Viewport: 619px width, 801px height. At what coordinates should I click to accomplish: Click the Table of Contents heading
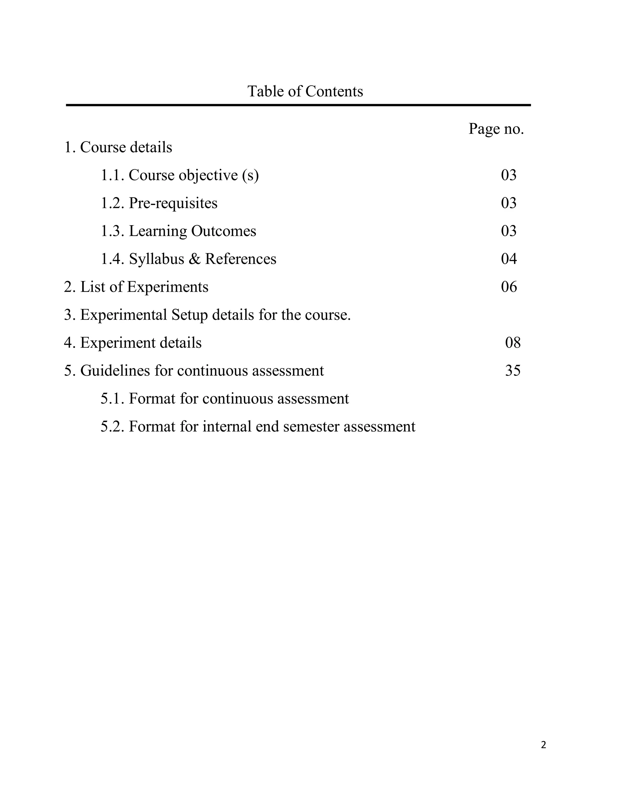305,91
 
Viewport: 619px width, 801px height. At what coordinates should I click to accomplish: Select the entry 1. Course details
118,148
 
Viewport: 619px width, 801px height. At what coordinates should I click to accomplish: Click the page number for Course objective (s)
509,175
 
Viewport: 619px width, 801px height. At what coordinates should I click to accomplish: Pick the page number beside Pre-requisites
509,203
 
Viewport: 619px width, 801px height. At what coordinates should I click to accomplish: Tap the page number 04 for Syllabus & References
509,259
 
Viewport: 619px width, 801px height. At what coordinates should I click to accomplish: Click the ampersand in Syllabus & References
194,259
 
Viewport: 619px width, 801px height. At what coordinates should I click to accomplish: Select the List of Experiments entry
136,287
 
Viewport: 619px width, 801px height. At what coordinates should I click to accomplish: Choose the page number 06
509,287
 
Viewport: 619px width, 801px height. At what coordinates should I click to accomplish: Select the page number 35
513,371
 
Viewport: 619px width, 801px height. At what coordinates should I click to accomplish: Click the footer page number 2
543,745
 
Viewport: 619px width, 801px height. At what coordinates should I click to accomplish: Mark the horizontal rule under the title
298,105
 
